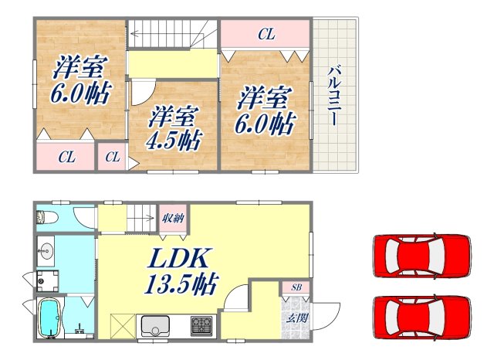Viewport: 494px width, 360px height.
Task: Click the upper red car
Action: [x=421, y=254]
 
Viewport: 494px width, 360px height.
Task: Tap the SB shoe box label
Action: [x=296, y=288]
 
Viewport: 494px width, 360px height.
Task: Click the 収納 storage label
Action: [x=172, y=217]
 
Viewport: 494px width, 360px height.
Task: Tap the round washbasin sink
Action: [x=46, y=252]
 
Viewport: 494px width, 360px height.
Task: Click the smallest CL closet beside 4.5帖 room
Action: [x=113, y=158]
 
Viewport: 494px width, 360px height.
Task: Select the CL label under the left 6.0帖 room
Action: [x=66, y=158]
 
